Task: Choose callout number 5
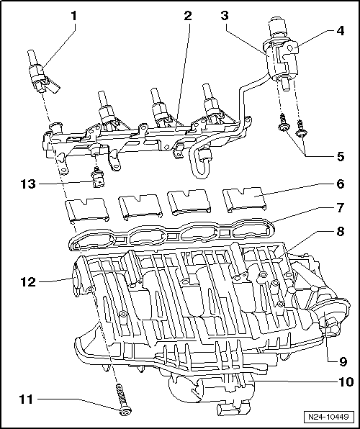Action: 341,153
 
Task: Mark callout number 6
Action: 341,184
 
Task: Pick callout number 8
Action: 341,232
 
